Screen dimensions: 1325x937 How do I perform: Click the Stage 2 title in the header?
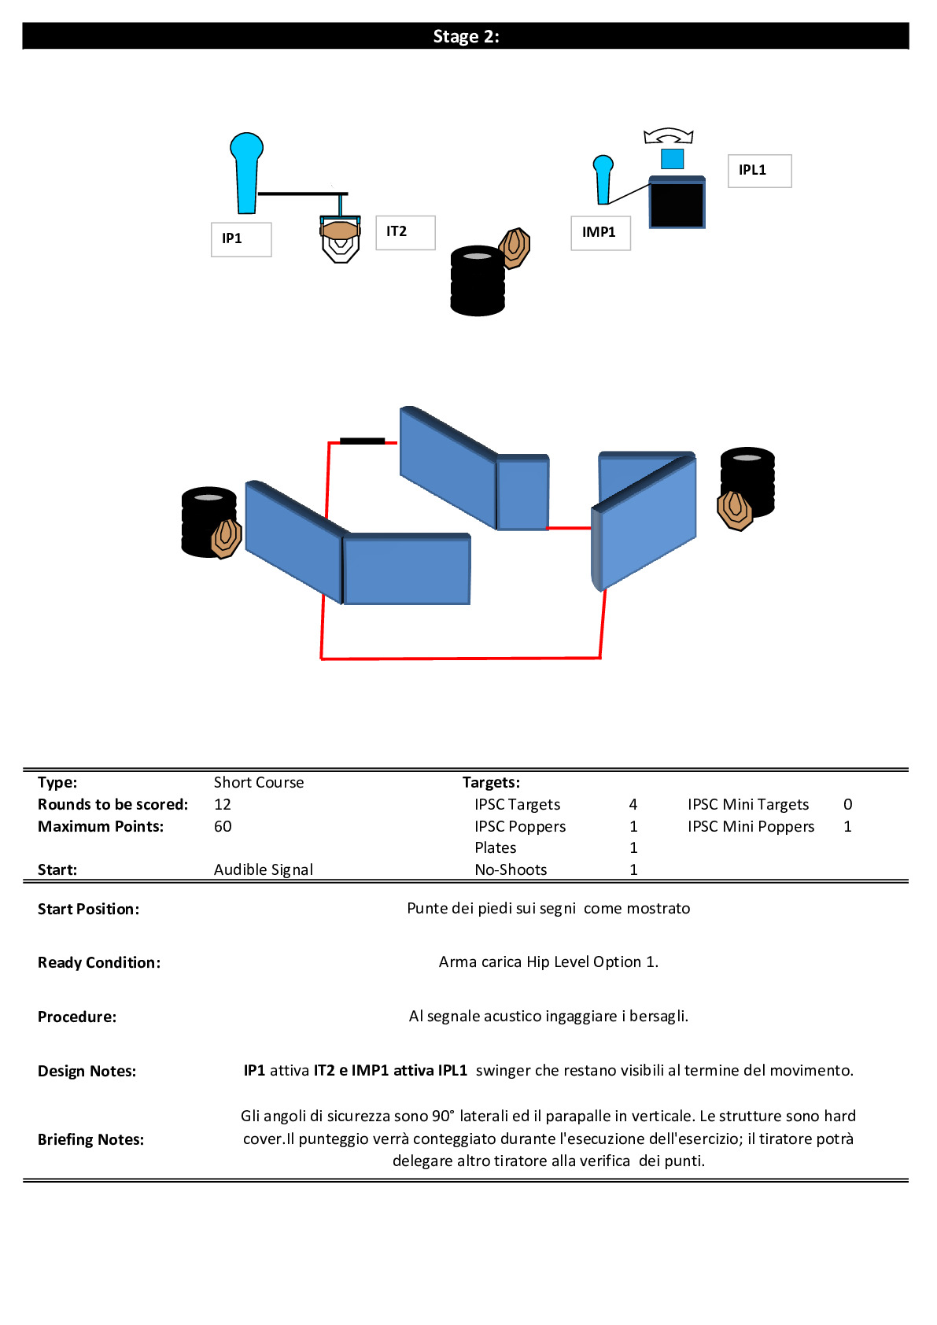point(466,36)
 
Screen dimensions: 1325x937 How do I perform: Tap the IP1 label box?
point(241,239)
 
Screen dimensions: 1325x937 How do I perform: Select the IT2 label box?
point(405,232)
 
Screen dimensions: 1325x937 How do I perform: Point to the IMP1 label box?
point(600,233)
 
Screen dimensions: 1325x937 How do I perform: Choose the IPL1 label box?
point(759,171)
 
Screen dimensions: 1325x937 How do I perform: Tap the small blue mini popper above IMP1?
point(603,179)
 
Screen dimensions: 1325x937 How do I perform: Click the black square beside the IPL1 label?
point(677,203)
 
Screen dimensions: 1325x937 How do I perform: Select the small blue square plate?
point(672,158)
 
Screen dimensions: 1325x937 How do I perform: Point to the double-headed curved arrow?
point(668,135)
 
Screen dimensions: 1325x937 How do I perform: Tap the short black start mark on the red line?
point(362,441)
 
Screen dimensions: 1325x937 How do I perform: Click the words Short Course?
point(259,782)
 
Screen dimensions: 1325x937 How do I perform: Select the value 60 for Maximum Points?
point(223,826)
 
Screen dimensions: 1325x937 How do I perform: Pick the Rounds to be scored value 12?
point(223,804)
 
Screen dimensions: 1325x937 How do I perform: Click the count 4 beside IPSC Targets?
point(633,804)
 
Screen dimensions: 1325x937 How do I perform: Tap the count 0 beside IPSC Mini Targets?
point(847,804)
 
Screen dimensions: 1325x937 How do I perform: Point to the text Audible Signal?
point(264,869)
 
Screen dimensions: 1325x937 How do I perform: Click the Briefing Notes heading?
point(90,1139)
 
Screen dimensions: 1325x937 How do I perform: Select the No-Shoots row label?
point(511,869)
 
